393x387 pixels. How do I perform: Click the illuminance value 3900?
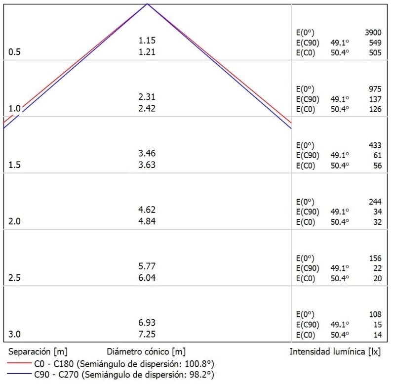pyautogui.click(x=373, y=33)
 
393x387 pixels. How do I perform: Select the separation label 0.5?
pyautogui.click(x=15, y=52)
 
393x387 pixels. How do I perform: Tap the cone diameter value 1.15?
pyautogui.click(x=147, y=41)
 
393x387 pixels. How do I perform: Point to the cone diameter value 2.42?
pyautogui.click(x=147, y=108)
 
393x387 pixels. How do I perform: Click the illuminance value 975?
pyautogui.click(x=375, y=89)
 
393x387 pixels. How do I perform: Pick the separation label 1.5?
pyautogui.click(x=15, y=165)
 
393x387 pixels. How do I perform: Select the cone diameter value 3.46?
pyautogui.click(x=147, y=153)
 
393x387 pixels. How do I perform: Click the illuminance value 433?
pyautogui.click(x=375, y=145)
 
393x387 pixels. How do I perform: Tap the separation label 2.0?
pyautogui.click(x=15, y=221)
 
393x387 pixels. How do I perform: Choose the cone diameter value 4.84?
pyautogui.click(x=147, y=221)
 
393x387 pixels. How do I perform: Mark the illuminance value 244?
pyautogui.click(x=375, y=202)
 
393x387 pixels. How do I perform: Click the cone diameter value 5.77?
pyautogui.click(x=147, y=266)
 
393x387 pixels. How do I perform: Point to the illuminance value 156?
pyautogui.click(x=375, y=258)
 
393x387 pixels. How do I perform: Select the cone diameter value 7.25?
pyautogui.click(x=147, y=334)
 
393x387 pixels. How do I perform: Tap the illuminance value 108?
pyautogui.click(x=375, y=314)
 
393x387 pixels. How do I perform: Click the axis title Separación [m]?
pyautogui.click(x=38, y=352)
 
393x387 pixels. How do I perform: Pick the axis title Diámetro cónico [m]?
pyautogui.click(x=146, y=352)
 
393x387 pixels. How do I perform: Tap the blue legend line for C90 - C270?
pyautogui.click(x=19, y=375)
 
